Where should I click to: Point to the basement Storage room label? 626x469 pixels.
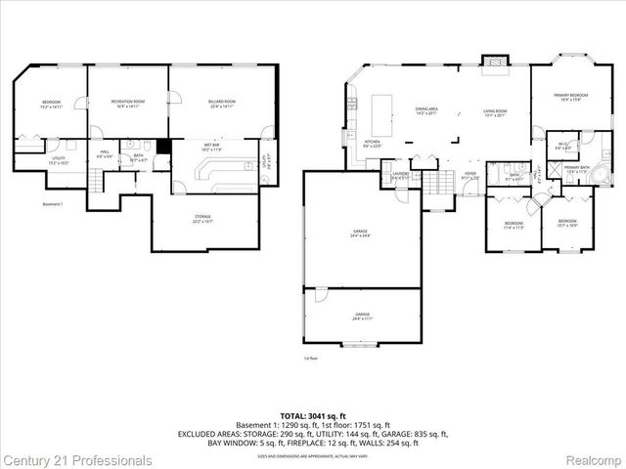[202, 219]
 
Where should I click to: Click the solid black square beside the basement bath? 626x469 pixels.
[164, 147]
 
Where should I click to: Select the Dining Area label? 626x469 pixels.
[426, 111]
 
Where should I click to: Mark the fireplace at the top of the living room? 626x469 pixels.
[496, 60]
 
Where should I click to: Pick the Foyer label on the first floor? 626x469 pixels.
[470, 176]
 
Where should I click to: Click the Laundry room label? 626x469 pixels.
[400, 176]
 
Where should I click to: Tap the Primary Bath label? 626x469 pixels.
[576, 170]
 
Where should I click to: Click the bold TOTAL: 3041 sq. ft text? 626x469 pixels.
[312, 415]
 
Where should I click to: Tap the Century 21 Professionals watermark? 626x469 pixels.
[76, 459]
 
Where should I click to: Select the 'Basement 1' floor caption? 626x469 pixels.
[53, 204]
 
